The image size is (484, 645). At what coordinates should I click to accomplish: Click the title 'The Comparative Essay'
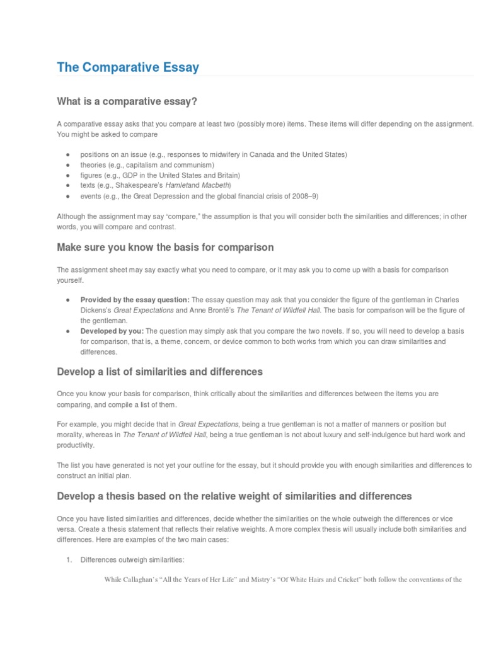[128, 67]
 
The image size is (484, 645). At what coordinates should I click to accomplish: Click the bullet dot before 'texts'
[67, 185]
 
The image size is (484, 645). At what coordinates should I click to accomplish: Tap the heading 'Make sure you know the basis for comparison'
[166, 247]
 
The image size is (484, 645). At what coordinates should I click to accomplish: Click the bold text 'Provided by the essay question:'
[135, 300]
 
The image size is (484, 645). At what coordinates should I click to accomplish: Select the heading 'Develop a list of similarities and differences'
[160, 372]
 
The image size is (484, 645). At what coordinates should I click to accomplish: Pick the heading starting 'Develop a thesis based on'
[234, 496]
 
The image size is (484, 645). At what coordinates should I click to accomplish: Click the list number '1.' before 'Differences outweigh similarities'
[71, 560]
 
